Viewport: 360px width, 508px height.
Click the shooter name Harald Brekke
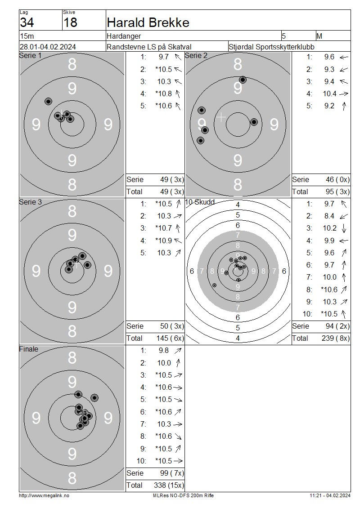(x=148, y=22)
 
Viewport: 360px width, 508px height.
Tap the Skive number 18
(x=70, y=22)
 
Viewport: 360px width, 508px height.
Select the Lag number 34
(x=27, y=22)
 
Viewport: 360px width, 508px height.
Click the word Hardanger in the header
(x=124, y=36)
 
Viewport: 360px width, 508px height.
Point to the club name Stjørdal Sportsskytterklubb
(x=271, y=47)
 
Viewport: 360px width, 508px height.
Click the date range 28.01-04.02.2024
(x=48, y=47)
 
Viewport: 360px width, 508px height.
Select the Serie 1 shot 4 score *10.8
(x=163, y=94)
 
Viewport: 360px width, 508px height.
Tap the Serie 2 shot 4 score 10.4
(x=329, y=94)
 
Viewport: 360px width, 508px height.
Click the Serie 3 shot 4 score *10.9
(x=163, y=241)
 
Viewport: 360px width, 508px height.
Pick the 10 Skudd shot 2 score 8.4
(x=329, y=216)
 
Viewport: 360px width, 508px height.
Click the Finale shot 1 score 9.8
(x=164, y=351)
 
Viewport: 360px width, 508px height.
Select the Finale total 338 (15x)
(x=169, y=486)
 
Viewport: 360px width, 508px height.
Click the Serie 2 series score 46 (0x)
(x=337, y=180)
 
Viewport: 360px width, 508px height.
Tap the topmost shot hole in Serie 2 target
(x=243, y=80)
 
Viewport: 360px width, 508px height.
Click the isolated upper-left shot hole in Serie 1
(x=48, y=102)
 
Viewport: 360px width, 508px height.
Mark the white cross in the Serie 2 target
(x=221, y=117)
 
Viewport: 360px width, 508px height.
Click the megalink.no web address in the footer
(x=44, y=496)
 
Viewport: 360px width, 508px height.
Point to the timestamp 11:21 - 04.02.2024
(x=330, y=496)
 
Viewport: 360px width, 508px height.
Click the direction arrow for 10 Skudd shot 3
(x=344, y=228)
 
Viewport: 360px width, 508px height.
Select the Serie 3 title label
(x=31, y=202)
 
